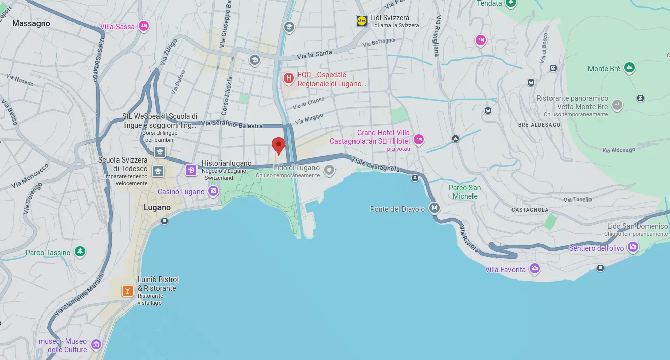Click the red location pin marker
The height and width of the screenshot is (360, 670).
point(279,145)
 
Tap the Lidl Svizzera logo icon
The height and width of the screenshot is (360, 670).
point(362,21)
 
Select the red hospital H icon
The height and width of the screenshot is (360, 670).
point(288,78)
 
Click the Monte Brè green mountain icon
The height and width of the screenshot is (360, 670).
point(629,67)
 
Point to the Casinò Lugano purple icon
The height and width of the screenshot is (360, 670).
point(213,191)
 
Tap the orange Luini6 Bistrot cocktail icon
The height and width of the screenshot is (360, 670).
point(127,291)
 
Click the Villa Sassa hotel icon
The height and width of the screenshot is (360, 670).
point(144,26)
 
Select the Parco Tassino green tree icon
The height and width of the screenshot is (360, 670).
point(80,251)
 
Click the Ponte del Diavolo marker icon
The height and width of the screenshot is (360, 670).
point(434,208)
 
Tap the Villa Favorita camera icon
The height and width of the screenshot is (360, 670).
point(534,269)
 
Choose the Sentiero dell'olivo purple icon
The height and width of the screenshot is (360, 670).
point(633,247)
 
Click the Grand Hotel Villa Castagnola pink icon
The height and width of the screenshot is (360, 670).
point(418,139)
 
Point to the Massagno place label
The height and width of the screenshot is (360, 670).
point(31,23)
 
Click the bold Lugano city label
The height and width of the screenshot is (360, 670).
point(157,208)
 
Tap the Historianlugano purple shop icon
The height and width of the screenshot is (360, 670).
point(191,170)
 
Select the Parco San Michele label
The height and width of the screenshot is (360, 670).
point(465,192)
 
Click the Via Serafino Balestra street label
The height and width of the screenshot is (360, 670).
point(232,124)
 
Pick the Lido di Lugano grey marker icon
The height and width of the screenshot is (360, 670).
point(329,169)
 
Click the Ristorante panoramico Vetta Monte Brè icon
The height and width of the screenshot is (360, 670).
point(617,105)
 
